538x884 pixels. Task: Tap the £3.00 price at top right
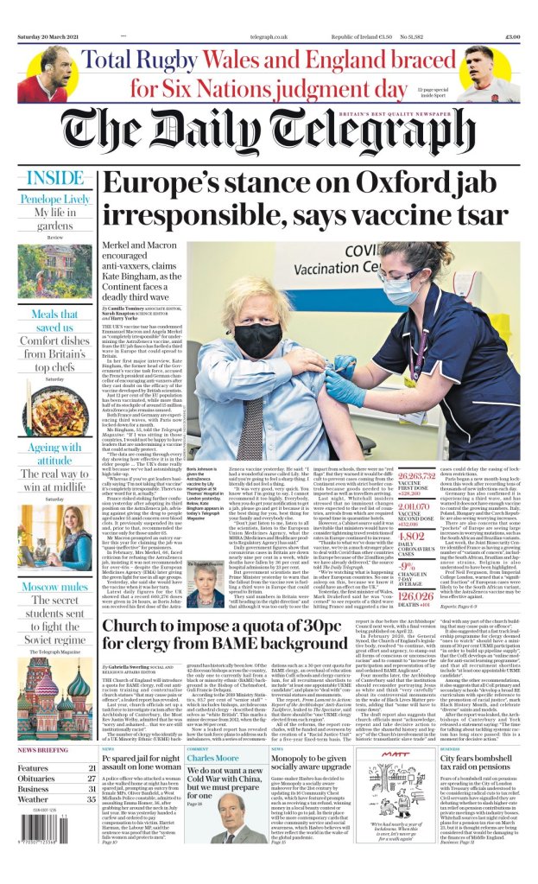tap(511, 36)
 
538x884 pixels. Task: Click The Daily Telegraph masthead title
tap(269, 133)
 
